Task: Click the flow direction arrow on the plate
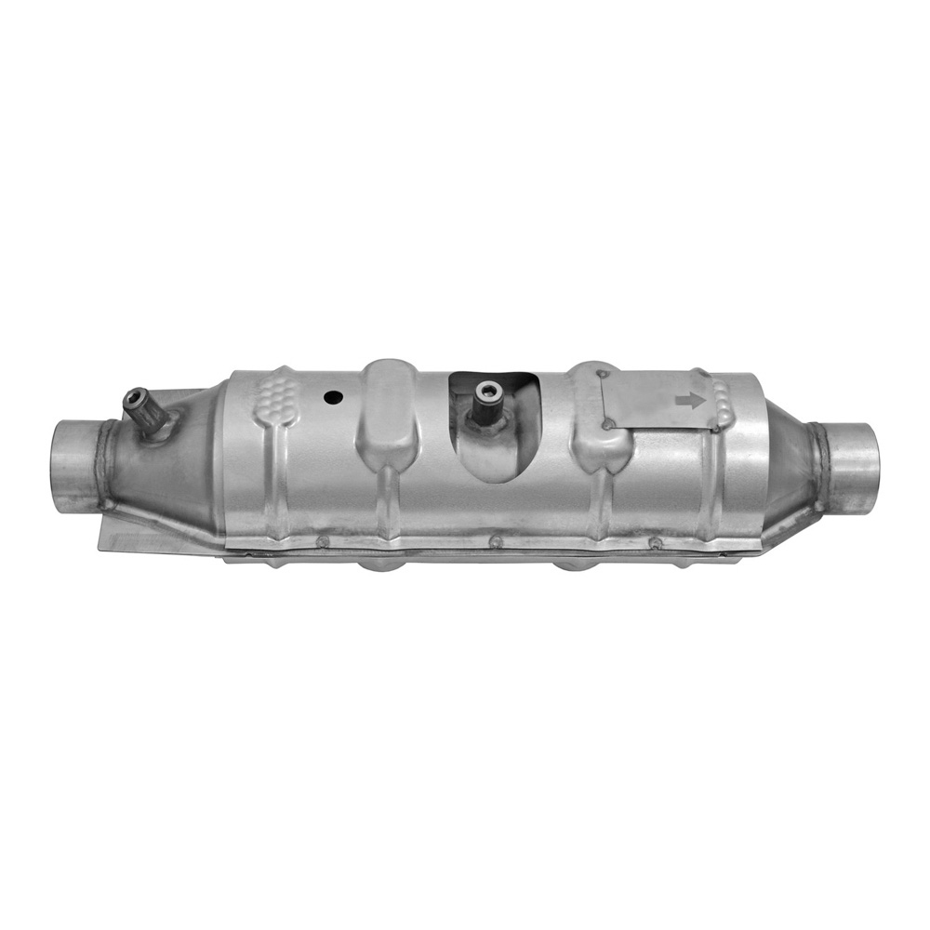690,400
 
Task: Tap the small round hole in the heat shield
332,397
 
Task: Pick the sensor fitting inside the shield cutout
485,400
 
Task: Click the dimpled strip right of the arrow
723,400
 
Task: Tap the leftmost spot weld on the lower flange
323,540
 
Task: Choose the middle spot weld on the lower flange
497,540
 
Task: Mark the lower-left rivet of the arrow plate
609,426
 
